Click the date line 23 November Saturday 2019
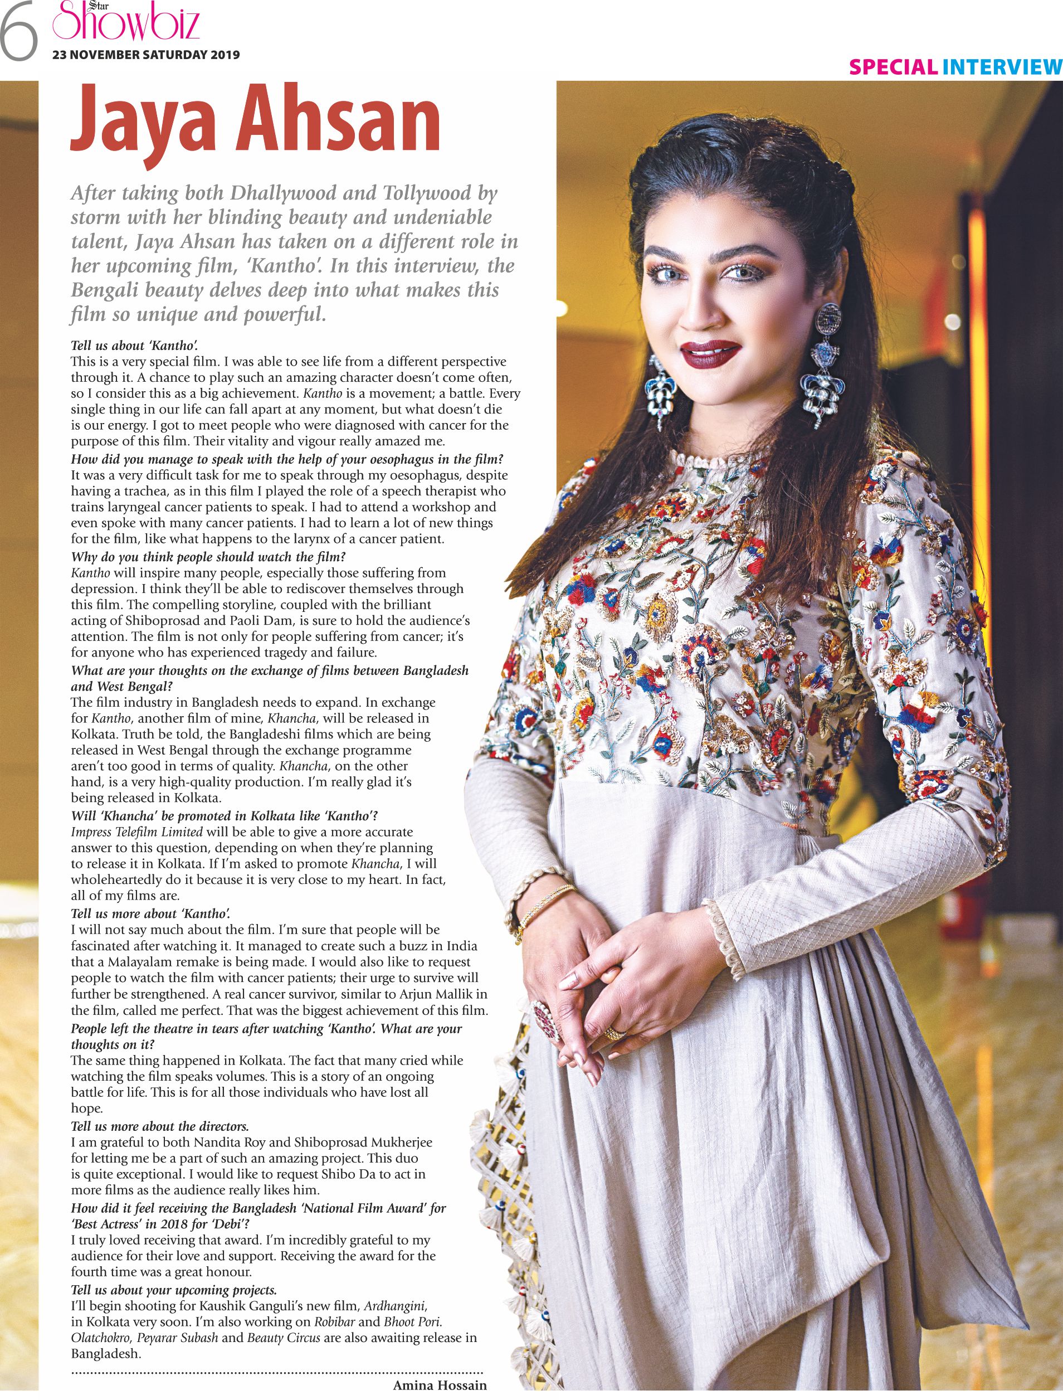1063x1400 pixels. (x=146, y=55)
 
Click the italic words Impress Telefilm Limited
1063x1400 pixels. (x=136, y=832)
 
